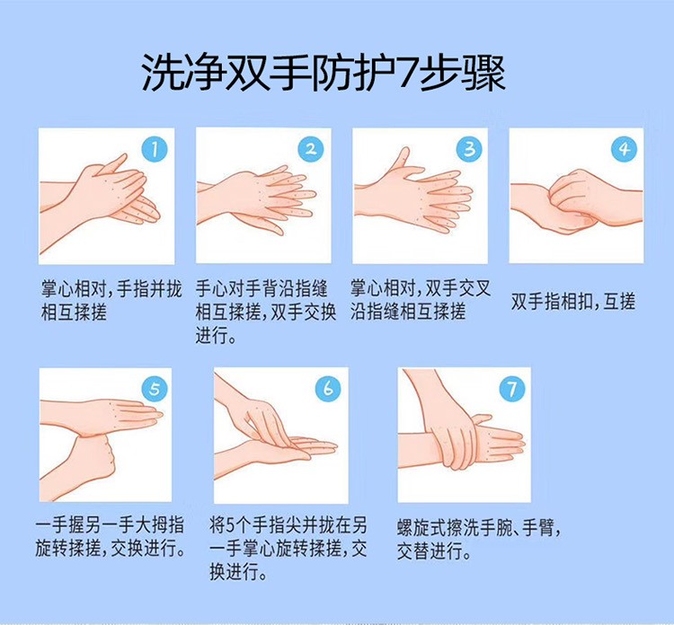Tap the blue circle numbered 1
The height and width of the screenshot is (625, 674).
[155, 150]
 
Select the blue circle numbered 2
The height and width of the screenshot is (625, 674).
[311, 150]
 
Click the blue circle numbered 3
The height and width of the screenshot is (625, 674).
[467, 150]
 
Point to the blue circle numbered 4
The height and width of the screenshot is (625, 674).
[624, 150]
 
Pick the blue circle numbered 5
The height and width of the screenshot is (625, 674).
[155, 389]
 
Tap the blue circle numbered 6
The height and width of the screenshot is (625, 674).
[329, 389]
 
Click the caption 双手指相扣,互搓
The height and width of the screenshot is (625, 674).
[572, 302]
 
